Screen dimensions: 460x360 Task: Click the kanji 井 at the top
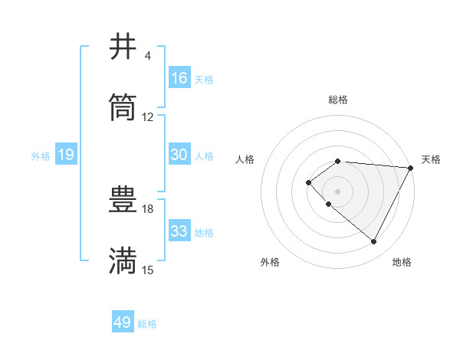tap(123, 47)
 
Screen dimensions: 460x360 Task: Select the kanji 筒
tap(123, 108)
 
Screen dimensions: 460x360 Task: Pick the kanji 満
tap(123, 261)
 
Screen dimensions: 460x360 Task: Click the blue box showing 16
tap(179, 78)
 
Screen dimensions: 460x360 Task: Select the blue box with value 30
tap(179, 155)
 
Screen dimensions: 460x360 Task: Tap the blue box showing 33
tap(179, 231)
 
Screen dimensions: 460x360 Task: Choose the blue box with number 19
tap(66, 155)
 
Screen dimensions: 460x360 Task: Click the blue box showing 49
tap(123, 322)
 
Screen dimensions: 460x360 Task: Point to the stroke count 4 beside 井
tap(147, 56)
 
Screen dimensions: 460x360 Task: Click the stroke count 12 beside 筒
tap(148, 117)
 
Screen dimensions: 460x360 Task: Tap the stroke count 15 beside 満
tap(148, 270)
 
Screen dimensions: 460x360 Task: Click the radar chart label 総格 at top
tap(337, 100)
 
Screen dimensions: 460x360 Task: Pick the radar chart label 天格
tap(431, 159)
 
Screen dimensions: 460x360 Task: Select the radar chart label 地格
tap(402, 262)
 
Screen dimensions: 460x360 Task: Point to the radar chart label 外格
tap(270, 262)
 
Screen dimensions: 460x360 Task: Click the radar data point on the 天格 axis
tap(410, 168)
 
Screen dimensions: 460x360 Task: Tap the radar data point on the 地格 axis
tap(374, 242)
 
